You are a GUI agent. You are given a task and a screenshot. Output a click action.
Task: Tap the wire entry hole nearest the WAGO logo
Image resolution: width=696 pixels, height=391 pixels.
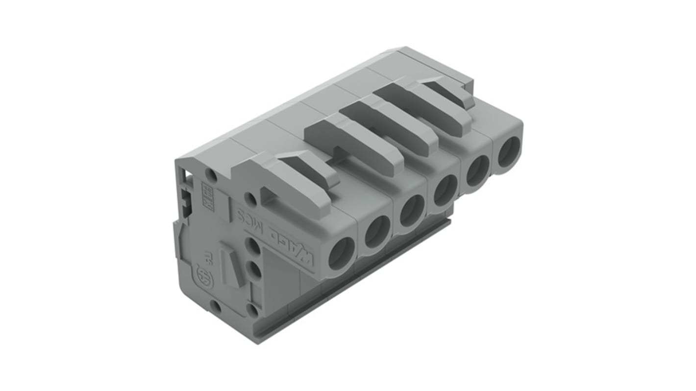point(341,253)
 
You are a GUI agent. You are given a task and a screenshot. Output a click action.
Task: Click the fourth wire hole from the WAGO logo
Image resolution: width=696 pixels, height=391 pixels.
point(446,191)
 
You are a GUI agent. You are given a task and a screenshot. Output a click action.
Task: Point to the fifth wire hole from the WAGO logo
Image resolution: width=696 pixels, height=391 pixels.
point(477,170)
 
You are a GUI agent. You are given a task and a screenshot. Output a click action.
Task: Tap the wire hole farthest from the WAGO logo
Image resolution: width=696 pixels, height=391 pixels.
point(509,151)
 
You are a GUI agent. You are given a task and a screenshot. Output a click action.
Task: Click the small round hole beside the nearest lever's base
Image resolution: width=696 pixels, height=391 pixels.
point(250,198)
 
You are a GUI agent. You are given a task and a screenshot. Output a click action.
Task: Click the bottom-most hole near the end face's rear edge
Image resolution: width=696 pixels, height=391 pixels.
point(215,307)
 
